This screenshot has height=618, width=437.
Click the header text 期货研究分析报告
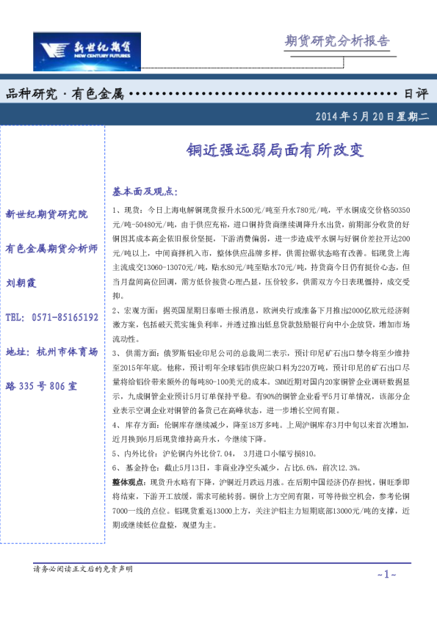point(336,41)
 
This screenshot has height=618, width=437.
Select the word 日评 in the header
point(416,94)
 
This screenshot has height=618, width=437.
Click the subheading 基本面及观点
point(145,192)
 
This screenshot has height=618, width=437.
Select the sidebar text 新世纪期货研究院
point(46,214)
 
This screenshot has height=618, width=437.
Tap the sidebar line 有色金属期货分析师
point(51,248)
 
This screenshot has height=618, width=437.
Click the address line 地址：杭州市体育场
point(51,352)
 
